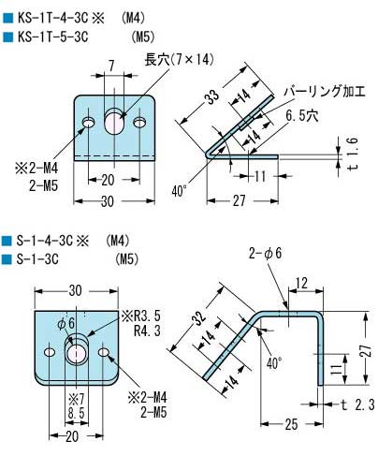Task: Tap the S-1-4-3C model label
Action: click(47, 241)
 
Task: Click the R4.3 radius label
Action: click(146, 330)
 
